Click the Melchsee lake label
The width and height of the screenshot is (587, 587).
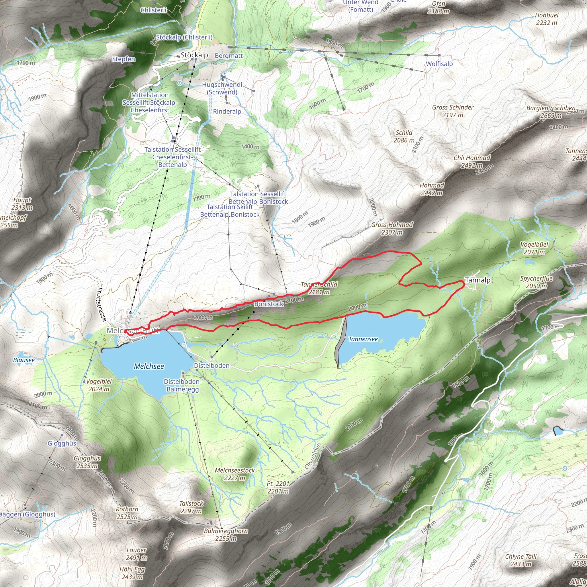tap(149, 366)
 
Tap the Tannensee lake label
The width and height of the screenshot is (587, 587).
tap(363, 339)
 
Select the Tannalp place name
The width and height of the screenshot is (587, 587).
tap(478, 280)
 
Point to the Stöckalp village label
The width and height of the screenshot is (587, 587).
tap(194, 55)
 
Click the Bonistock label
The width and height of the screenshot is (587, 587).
tap(269, 304)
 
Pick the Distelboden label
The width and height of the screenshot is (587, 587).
tap(212, 365)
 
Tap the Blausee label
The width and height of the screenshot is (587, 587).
tap(24, 360)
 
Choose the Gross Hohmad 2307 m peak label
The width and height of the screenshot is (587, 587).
tap(392, 228)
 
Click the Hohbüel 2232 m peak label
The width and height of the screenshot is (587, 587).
tap(547, 19)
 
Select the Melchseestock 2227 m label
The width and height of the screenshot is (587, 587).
tap(234, 474)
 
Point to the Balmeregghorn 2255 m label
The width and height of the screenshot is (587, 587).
tap(226, 535)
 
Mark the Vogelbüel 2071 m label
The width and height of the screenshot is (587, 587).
tap(534, 248)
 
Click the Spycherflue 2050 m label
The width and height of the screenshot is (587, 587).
tap(536, 282)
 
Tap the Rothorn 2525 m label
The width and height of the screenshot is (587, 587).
tap(127, 513)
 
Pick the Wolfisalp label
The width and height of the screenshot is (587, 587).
tap(439, 64)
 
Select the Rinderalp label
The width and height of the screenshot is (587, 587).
tap(227, 111)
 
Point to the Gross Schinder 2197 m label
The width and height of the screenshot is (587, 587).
tap(453, 111)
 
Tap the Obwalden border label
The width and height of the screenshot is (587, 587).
tap(313, 456)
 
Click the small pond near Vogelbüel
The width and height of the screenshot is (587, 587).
tap(530, 262)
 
